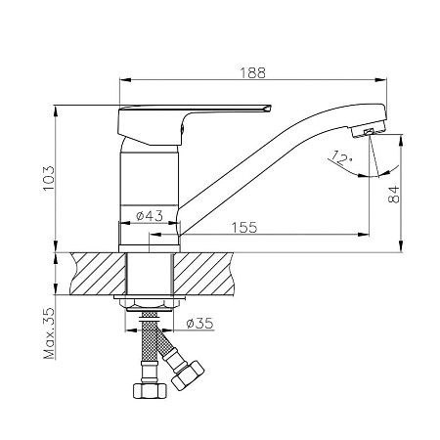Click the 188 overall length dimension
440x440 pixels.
point(253,73)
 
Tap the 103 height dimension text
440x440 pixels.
point(49,178)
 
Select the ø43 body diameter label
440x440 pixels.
point(150,215)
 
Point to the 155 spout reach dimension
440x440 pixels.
point(244,227)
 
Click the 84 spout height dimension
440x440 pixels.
point(394,195)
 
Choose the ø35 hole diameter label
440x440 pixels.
point(199,323)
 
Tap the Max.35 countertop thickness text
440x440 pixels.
point(49,332)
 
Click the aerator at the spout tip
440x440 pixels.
point(369,130)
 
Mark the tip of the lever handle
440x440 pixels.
point(270,106)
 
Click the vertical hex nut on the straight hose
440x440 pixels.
point(150,390)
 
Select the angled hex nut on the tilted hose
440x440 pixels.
point(188,375)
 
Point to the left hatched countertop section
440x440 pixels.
point(98,274)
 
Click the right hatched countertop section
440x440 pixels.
point(203,274)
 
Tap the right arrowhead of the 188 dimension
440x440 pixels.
point(380,79)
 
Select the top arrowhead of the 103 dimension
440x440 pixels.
point(56,111)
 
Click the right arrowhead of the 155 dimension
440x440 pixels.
point(364,234)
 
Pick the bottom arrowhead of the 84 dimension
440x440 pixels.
point(401,245)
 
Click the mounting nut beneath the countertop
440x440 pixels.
point(150,303)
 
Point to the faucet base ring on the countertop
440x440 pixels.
point(150,248)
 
